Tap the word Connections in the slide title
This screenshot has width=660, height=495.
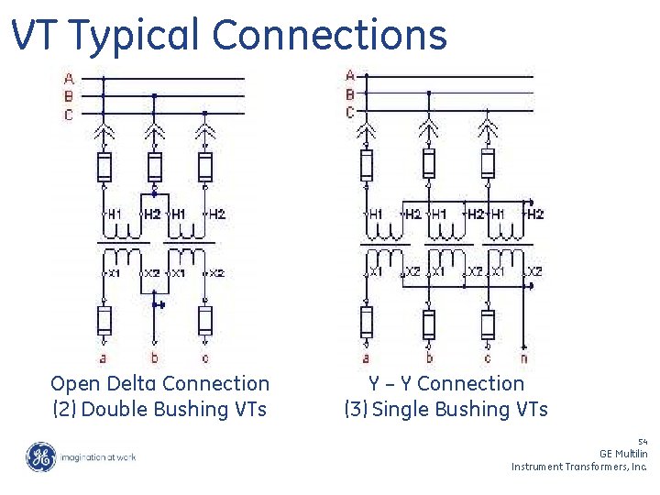coord(330,36)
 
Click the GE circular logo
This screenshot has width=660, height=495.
coord(40,456)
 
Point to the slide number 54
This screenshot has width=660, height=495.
coord(642,441)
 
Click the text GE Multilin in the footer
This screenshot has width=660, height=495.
coord(623,454)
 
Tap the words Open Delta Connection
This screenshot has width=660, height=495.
coord(160,384)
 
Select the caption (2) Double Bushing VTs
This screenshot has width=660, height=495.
coord(160,409)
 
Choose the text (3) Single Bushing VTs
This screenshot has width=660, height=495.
coord(446,409)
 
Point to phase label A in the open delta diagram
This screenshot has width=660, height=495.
coord(69,79)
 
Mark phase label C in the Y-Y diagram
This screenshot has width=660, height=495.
coord(350,112)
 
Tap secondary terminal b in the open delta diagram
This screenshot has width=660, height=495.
coord(154,357)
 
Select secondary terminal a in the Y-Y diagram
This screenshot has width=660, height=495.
coord(366,358)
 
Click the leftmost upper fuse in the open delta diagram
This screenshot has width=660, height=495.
coord(104,167)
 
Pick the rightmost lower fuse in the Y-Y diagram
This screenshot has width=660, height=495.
coord(489,323)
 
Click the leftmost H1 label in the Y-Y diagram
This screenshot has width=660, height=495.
coord(376,214)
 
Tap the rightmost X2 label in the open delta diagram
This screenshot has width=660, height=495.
coord(216,273)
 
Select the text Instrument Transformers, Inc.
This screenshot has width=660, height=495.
coord(579,467)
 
